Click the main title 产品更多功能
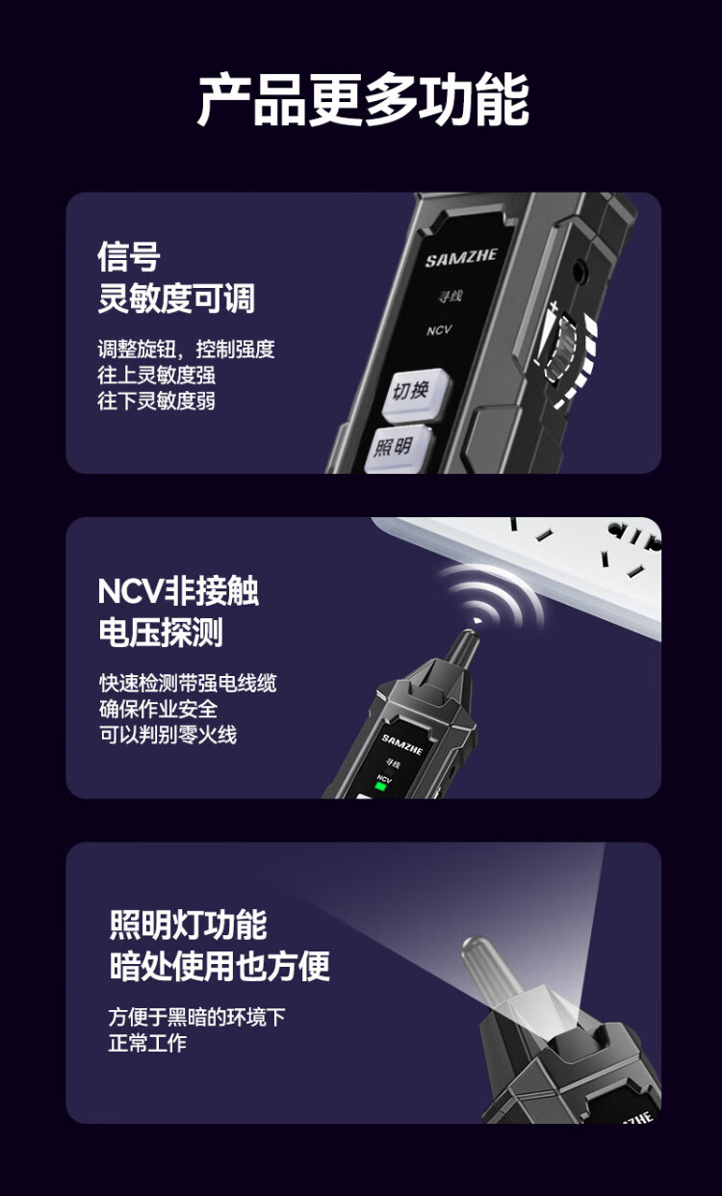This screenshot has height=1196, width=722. tap(363, 100)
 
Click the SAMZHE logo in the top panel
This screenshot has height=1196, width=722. tap(461, 257)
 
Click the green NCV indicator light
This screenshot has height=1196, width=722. tap(381, 787)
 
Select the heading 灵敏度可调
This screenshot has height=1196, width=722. tap(176, 298)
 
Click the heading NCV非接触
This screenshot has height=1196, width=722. tap(178, 591)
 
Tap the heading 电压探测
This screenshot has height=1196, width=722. tap(161, 633)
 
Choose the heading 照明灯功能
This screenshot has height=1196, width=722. tap(188, 924)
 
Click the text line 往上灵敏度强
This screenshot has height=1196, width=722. tap(156, 375)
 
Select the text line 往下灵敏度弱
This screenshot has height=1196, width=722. tap(156, 401)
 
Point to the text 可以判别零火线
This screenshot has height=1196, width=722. tap(168, 734)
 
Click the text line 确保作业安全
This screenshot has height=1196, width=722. tap(158, 709)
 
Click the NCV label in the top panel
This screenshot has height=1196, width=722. tap(439, 330)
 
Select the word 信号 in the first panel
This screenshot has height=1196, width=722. tap(129, 257)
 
